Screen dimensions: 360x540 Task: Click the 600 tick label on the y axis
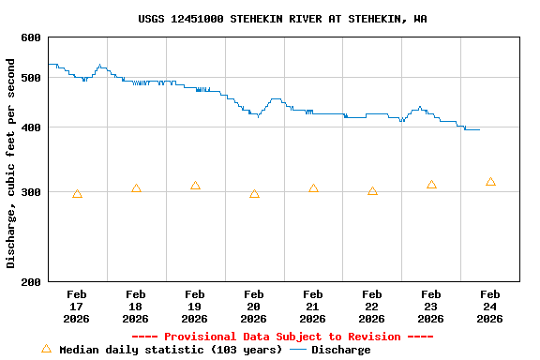point(31,37)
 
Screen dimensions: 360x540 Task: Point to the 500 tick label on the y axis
point(31,78)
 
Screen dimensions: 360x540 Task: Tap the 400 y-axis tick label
point(31,127)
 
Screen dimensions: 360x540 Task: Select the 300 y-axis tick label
point(31,192)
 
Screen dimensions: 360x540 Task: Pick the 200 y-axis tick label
point(31,282)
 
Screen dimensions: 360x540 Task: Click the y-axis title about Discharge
point(11,163)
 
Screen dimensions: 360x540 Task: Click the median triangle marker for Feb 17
point(77,194)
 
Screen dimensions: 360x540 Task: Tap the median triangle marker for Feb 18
point(136,189)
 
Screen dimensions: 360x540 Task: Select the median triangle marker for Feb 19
point(195,187)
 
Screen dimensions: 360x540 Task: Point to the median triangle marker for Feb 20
point(254,194)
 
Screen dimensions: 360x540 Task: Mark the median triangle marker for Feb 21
point(313,188)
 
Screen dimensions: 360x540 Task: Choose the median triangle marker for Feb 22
point(372,191)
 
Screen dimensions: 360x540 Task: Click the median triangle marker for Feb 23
point(431,185)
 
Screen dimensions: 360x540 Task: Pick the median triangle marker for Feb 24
point(490,182)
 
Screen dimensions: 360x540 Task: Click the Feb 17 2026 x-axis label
point(77,307)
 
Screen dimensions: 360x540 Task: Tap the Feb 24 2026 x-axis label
point(490,307)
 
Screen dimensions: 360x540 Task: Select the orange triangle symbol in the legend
point(46,349)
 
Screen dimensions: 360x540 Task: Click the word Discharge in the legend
point(340,350)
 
